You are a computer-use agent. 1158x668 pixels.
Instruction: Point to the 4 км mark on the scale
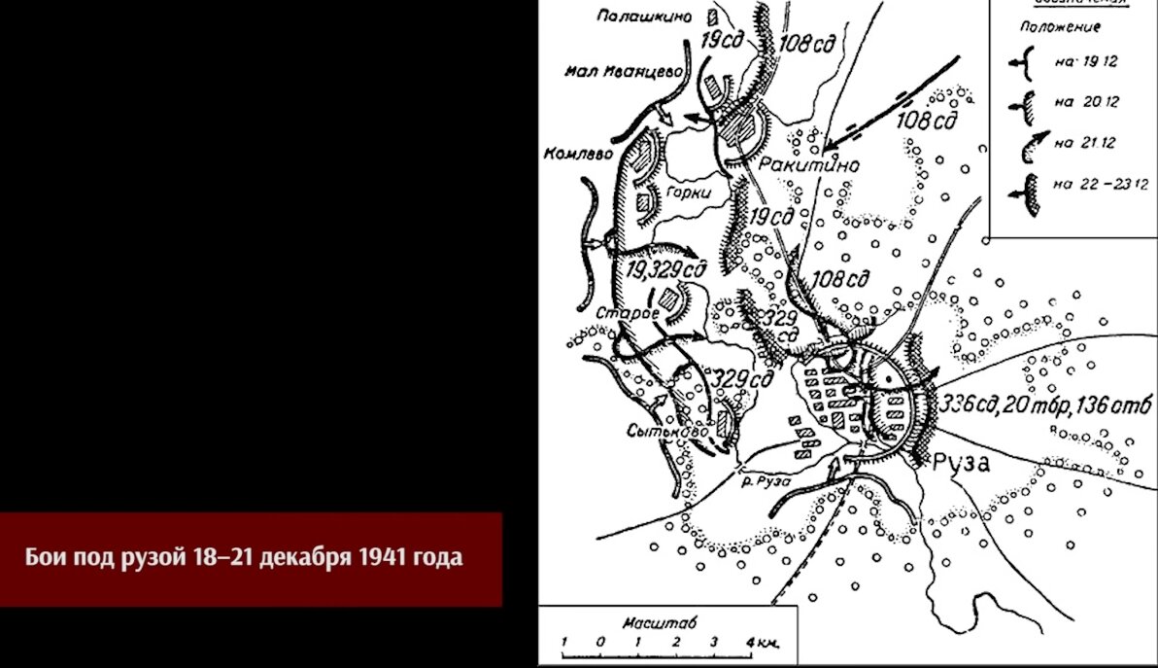[757, 644]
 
